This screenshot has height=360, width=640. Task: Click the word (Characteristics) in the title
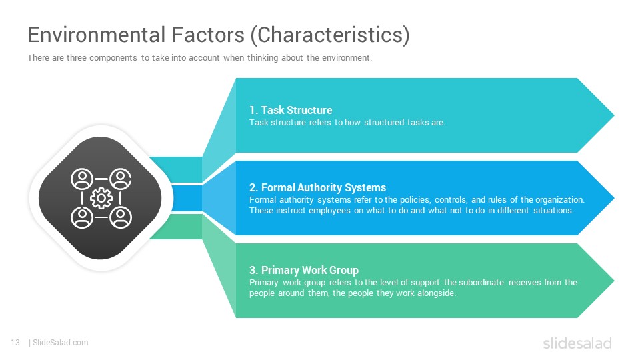330,35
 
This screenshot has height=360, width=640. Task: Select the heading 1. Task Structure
291,110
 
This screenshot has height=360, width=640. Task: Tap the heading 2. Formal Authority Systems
317,187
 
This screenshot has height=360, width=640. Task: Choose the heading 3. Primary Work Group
304,270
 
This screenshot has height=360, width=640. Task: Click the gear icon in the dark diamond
101,199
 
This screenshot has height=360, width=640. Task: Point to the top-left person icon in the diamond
82,179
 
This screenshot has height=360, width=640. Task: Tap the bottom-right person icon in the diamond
121,217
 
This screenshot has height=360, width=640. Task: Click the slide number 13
15,343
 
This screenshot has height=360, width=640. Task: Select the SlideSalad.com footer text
61,343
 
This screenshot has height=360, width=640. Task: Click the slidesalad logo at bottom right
577,343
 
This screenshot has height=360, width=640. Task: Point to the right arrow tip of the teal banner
613,115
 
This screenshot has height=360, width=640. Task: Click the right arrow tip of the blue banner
613,198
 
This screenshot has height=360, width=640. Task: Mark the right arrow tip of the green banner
613,281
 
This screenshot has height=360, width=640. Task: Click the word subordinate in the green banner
481,282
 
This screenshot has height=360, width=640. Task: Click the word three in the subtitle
76,58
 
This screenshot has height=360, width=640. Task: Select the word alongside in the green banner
436,293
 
